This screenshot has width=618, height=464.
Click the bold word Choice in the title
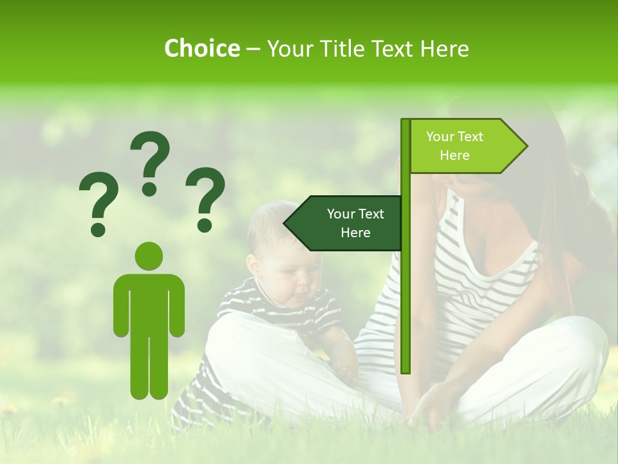[x=201, y=48]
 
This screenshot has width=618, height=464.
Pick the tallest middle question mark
[x=150, y=162]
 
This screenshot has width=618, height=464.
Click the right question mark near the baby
[x=205, y=198]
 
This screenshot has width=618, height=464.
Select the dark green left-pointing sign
[x=344, y=223]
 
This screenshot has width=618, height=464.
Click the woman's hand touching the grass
[x=428, y=406]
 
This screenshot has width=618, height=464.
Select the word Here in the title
[x=444, y=48]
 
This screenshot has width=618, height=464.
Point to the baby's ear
[x=252, y=264]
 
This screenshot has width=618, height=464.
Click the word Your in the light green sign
[x=441, y=137]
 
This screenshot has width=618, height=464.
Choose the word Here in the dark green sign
[x=355, y=233]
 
